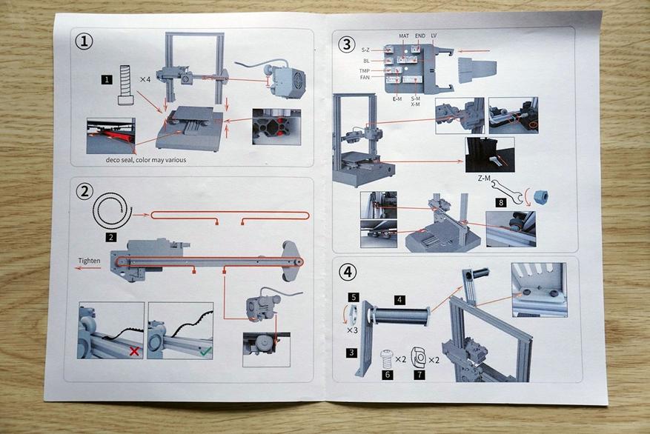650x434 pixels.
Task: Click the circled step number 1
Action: pyautogui.click(x=84, y=41)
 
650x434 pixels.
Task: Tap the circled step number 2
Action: pyautogui.click(x=84, y=191)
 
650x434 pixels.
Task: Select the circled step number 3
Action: pyautogui.click(x=345, y=44)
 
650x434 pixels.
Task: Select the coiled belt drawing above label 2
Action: pyautogui.click(x=112, y=215)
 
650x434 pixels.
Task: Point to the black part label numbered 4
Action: pyautogui.click(x=399, y=300)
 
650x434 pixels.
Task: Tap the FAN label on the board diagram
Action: pyautogui.click(x=365, y=77)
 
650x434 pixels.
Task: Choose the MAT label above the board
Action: pyautogui.click(x=404, y=36)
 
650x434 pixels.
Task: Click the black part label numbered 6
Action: pyautogui.click(x=386, y=375)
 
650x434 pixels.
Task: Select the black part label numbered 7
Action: pyautogui.click(x=419, y=375)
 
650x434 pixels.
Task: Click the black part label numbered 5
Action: pyautogui.click(x=354, y=297)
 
